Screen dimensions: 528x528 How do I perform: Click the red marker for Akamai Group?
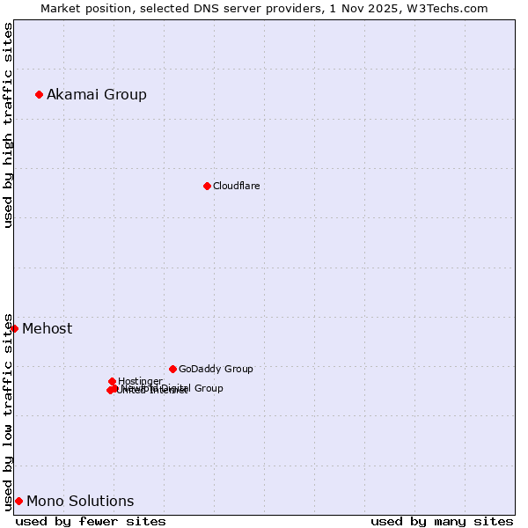[x=39, y=94]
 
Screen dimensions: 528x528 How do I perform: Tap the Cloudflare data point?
[x=207, y=186]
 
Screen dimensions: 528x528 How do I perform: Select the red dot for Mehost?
[x=14, y=328]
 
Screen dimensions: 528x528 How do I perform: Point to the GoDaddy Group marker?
[x=172, y=369]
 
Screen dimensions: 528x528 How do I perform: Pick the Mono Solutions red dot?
[x=18, y=501]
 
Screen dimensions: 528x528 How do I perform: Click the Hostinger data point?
[x=112, y=381]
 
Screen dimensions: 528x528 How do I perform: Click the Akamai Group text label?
[x=97, y=95]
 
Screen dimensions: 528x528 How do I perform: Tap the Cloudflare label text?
[x=236, y=186]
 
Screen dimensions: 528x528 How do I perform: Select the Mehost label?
[x=48, y=329]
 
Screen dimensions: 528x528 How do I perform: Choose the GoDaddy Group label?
[x=216, y=370]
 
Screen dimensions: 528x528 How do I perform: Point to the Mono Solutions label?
[x=80, y=502]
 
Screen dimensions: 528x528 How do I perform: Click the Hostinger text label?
[x=140, y=381]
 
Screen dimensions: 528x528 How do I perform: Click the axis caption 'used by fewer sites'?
[x=91, y=521]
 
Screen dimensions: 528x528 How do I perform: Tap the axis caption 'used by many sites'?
[x=442, y=521]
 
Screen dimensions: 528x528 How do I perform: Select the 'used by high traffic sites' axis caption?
[x=8, y=125]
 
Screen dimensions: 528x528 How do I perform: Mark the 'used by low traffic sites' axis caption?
[x=8, y=411]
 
